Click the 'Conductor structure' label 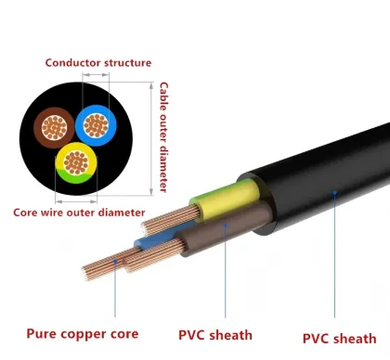98,63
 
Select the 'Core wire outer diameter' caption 78,212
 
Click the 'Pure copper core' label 83,333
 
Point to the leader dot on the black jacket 335,193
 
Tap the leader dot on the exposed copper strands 115,263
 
